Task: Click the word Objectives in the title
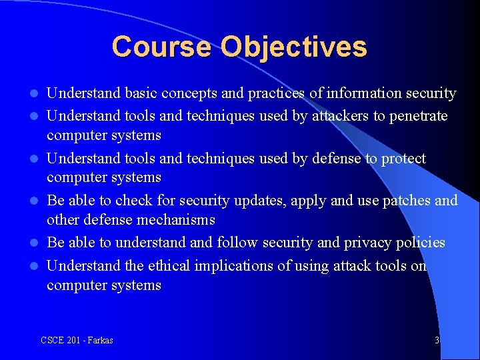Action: tap(294, 47)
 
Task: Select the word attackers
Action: tap(339, 116)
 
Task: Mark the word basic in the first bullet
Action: tap(139, 93)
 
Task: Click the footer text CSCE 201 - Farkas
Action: tap(77, 341)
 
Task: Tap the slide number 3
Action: tap(437, 341)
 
